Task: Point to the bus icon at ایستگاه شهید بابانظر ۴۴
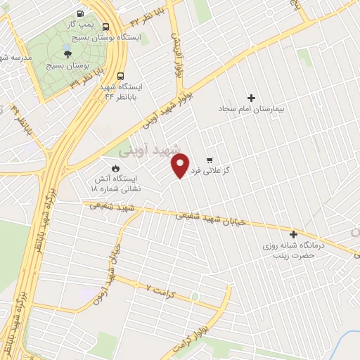[121, 76]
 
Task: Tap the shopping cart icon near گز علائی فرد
[210, 160]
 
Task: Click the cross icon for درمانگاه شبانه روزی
[293, 234]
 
